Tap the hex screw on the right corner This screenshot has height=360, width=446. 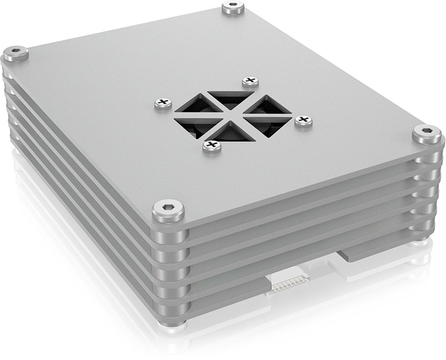[427, 134]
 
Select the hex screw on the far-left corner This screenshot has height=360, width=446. [16, 54]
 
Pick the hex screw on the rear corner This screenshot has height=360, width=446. [232, 8]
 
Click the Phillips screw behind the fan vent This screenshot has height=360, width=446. [250, 82]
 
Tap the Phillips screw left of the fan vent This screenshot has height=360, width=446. [163, 104]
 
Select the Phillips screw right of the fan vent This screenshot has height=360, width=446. [303, 121]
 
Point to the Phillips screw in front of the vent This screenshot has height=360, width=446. [212, 146]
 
